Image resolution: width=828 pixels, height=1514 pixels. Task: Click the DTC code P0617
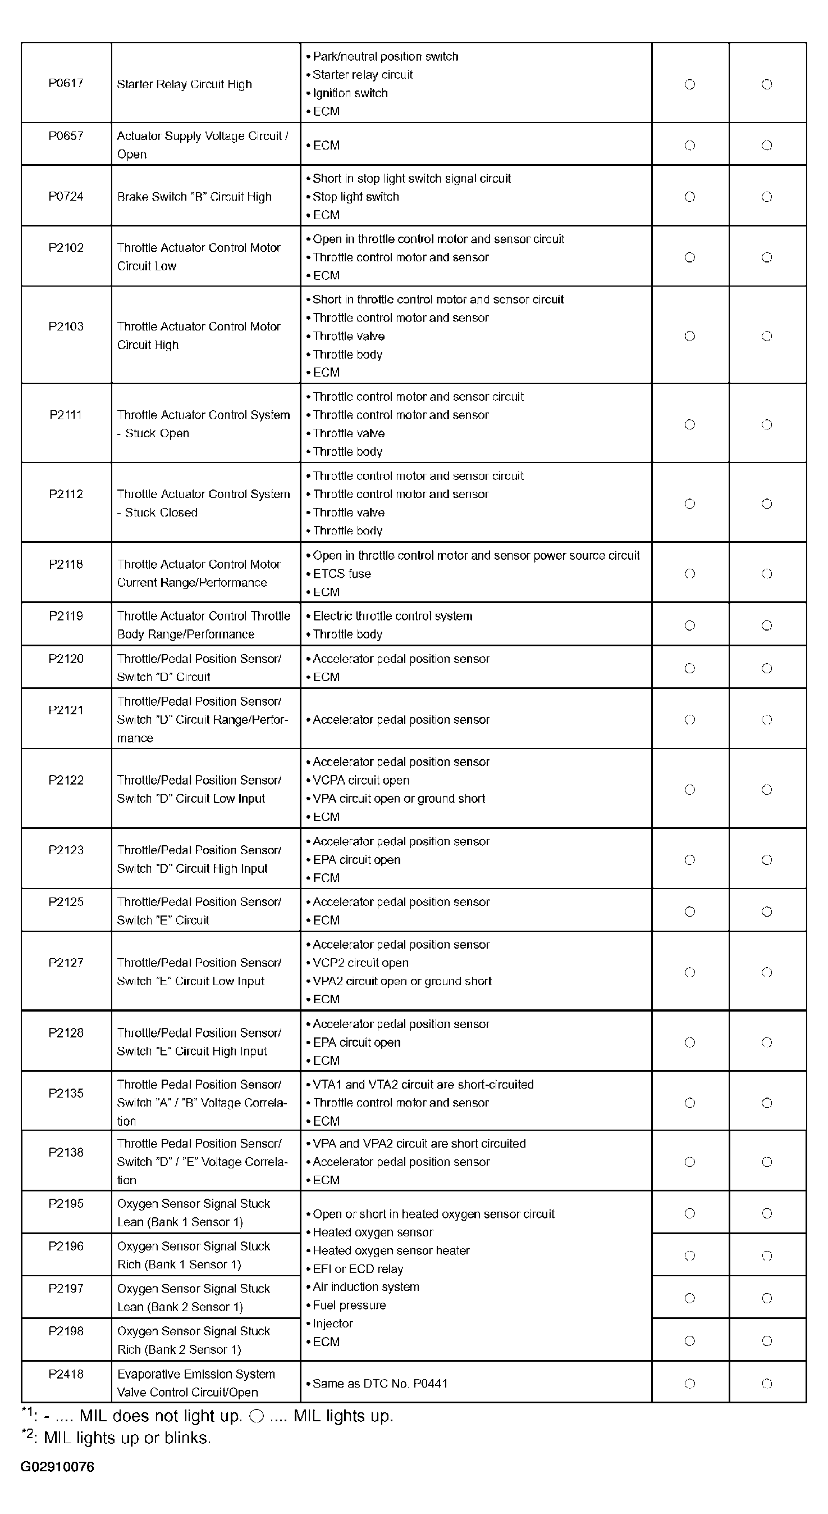click(x=66, y=83)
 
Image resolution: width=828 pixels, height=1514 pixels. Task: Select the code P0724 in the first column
click(x=66, y=196)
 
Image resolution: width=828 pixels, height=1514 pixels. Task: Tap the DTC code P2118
click(x=66, y=564)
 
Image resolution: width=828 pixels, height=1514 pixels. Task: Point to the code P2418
click(x=66, y=1374)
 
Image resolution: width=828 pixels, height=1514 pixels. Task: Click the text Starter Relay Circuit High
click(x=184, y=84)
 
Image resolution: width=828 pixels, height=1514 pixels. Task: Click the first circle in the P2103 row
click(x=690, y=336)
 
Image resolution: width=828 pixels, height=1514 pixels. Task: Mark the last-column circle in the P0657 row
click(x=767, y=145)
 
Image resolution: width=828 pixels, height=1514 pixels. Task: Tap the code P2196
click(x=66, y=1246)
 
